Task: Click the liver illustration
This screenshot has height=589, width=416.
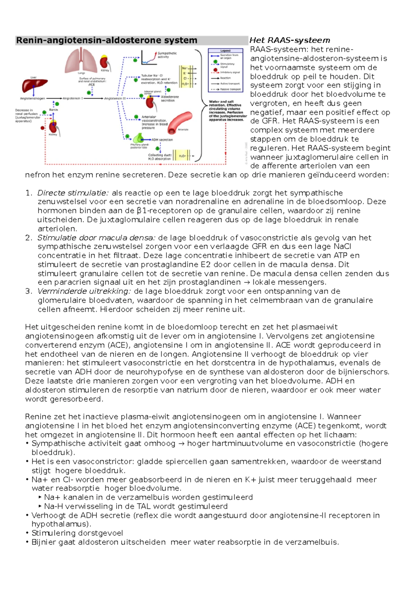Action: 33,85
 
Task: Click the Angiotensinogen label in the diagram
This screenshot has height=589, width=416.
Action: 33,99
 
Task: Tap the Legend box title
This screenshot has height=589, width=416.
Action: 226,51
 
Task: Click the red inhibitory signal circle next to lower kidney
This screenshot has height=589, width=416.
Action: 43,128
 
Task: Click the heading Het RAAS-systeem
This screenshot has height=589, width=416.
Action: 289,40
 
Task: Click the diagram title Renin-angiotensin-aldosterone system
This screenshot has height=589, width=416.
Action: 106,40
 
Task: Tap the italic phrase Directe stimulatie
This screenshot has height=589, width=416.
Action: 73,193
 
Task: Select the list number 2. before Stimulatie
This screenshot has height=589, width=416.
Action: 29,238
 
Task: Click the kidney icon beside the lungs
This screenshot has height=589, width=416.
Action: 105,62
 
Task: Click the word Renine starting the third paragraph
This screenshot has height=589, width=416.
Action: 36,417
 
